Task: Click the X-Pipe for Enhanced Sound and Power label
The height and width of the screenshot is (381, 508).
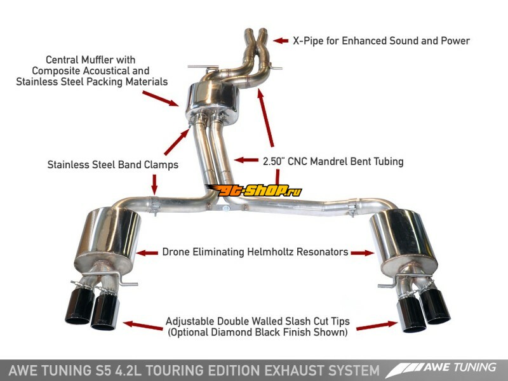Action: (x=381, y=41)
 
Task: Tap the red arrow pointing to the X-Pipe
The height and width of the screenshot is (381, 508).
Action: (x=280, y=41)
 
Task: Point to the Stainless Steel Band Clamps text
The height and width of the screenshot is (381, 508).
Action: (x=112, y=164)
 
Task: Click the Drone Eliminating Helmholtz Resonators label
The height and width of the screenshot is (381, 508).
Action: (x=254, y=252)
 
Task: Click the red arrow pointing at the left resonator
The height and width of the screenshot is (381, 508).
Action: (x=148, y=252)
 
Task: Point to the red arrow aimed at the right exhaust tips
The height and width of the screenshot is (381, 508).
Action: (x=370, y=326)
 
